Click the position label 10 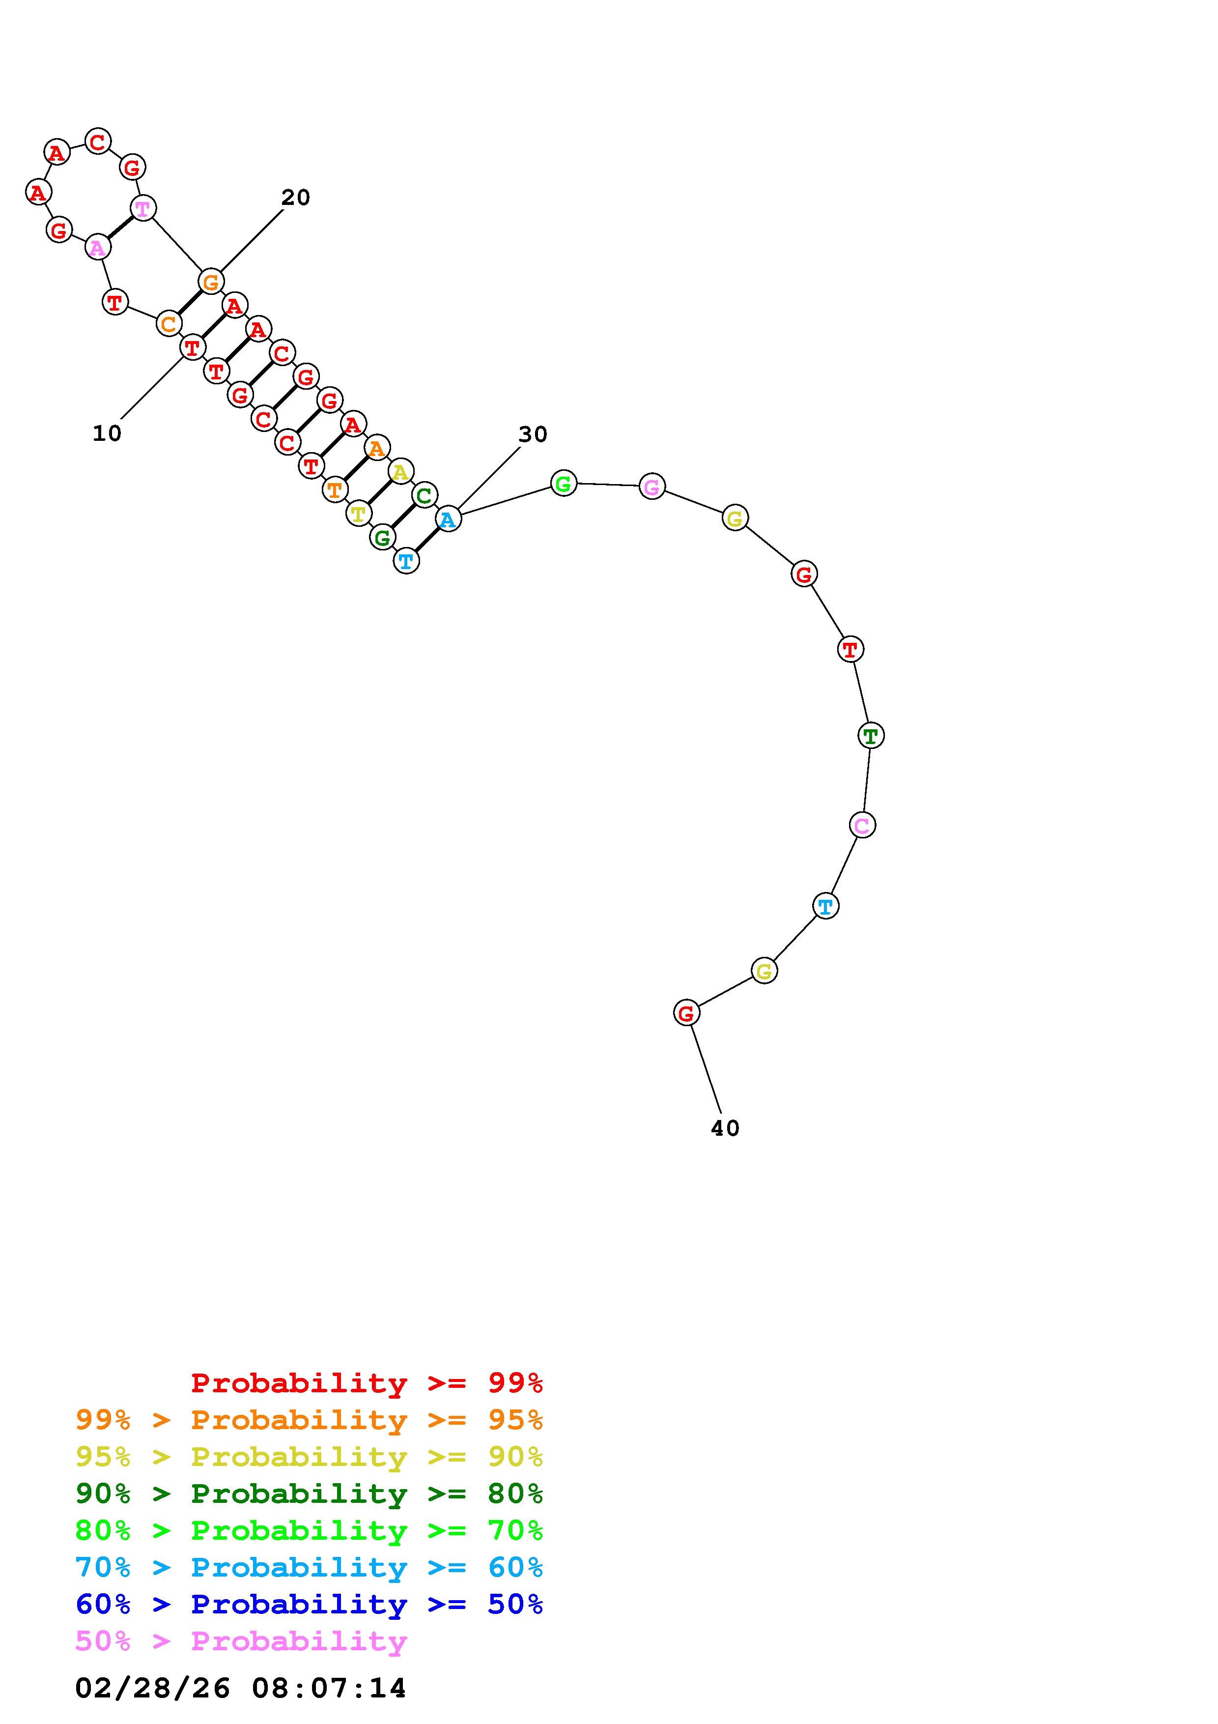tap(107, 433)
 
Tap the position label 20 tap(296, 198)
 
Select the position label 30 tap(533, 434)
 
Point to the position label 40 tap(725, 1128)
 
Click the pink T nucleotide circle tap(142, 207)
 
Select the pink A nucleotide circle tap(98, 247)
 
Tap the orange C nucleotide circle tap(169, 324)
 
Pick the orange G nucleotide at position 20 tap(211, 282)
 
